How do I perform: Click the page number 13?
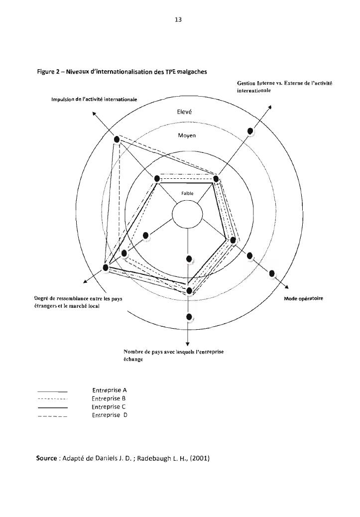179,20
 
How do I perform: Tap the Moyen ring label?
187,135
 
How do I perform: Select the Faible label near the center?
187,194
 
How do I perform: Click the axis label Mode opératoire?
303,298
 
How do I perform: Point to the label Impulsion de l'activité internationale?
94,99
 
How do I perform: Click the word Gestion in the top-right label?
247,83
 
